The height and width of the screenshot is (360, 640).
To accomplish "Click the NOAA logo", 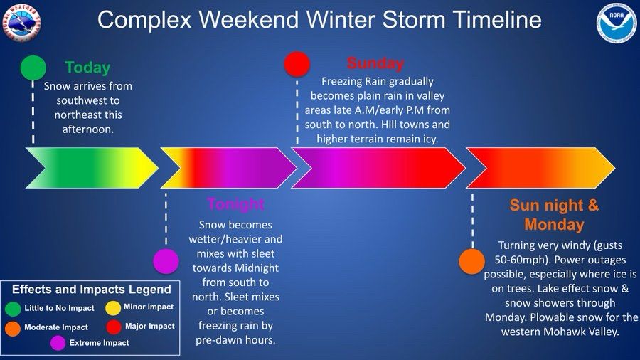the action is tap(617, 23).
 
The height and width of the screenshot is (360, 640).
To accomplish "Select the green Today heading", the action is tap(87, 68).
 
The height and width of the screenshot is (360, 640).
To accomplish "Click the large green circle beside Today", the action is tap(33, 68).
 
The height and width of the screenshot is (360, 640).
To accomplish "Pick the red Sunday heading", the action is tap(375, 63).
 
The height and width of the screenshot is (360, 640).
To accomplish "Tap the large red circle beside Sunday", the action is tap(297, 63).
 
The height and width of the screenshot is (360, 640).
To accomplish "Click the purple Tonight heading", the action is tap(236, 204).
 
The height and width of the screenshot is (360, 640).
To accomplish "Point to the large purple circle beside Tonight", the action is tap(166, 261).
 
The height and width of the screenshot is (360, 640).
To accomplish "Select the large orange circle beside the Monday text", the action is tap(472, 262).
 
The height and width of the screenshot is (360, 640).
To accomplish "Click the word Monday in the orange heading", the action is tap(554, 225).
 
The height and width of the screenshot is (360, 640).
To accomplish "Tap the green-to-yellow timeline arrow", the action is tap(92, 168).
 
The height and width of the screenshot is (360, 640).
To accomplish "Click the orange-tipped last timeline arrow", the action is tap(540, 168).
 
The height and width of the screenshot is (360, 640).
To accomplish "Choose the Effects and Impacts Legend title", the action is tap(92, 290).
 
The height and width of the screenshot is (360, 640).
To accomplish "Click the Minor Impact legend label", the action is tap(149, 307).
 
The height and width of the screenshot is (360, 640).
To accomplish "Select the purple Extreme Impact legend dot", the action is tap(58, 343).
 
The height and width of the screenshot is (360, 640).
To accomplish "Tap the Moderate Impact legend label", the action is tap(56, 327).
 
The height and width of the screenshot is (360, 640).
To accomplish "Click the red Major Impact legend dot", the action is tap(114, 327).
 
